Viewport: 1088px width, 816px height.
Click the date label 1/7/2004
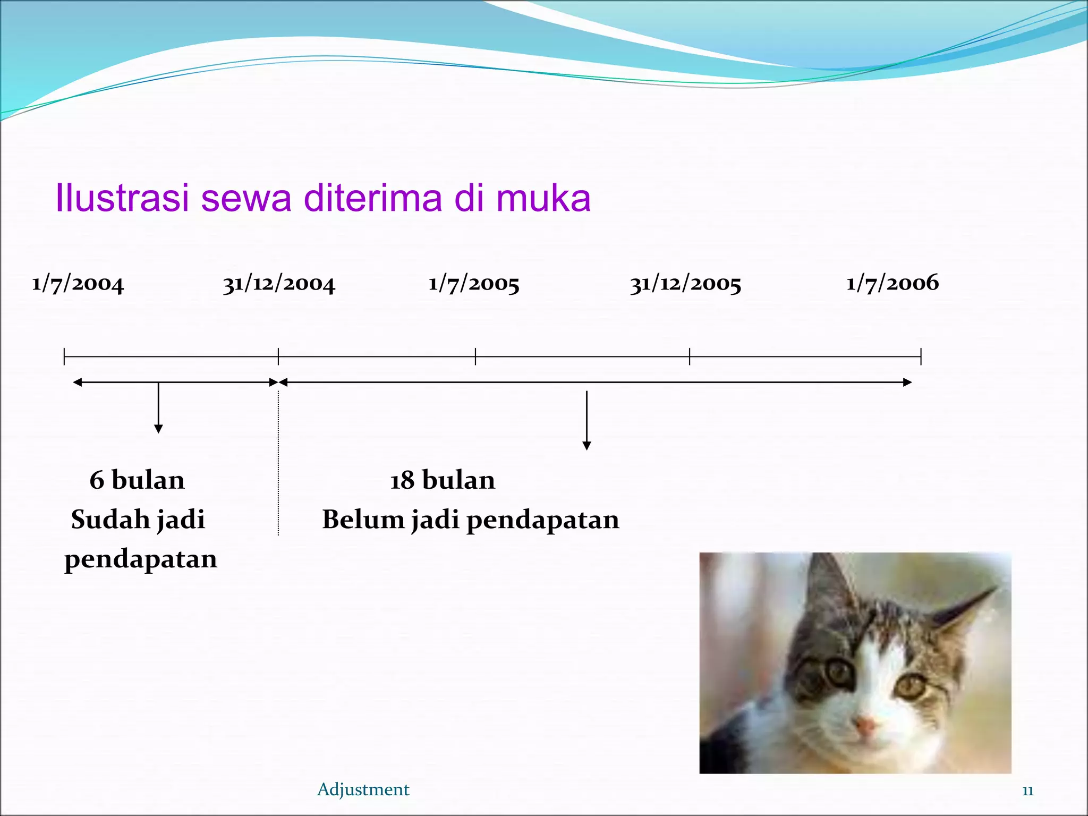[x=78, y=284]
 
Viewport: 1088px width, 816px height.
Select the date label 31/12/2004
[x=279, y=284]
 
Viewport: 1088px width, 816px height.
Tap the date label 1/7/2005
[x=474, y=284]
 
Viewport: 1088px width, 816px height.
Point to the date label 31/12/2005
[x=685, y=284]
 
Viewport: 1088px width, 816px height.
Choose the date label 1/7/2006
[x=892, y=283]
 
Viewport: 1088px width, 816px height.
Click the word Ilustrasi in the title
[x=122, y=198]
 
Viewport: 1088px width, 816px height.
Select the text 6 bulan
[x=137, y=480]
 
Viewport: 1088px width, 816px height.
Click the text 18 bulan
[x=443, y=480]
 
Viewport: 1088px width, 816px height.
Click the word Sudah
[x=110, y=519]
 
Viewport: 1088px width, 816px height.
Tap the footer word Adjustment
[x=363, y=789]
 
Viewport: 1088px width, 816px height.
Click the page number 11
[x=1027, y=790]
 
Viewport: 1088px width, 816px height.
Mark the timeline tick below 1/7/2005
[x=475, y=356]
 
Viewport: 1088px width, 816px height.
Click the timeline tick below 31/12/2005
[x=690, y=356]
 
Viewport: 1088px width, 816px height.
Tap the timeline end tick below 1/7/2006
[x=921, y=356]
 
